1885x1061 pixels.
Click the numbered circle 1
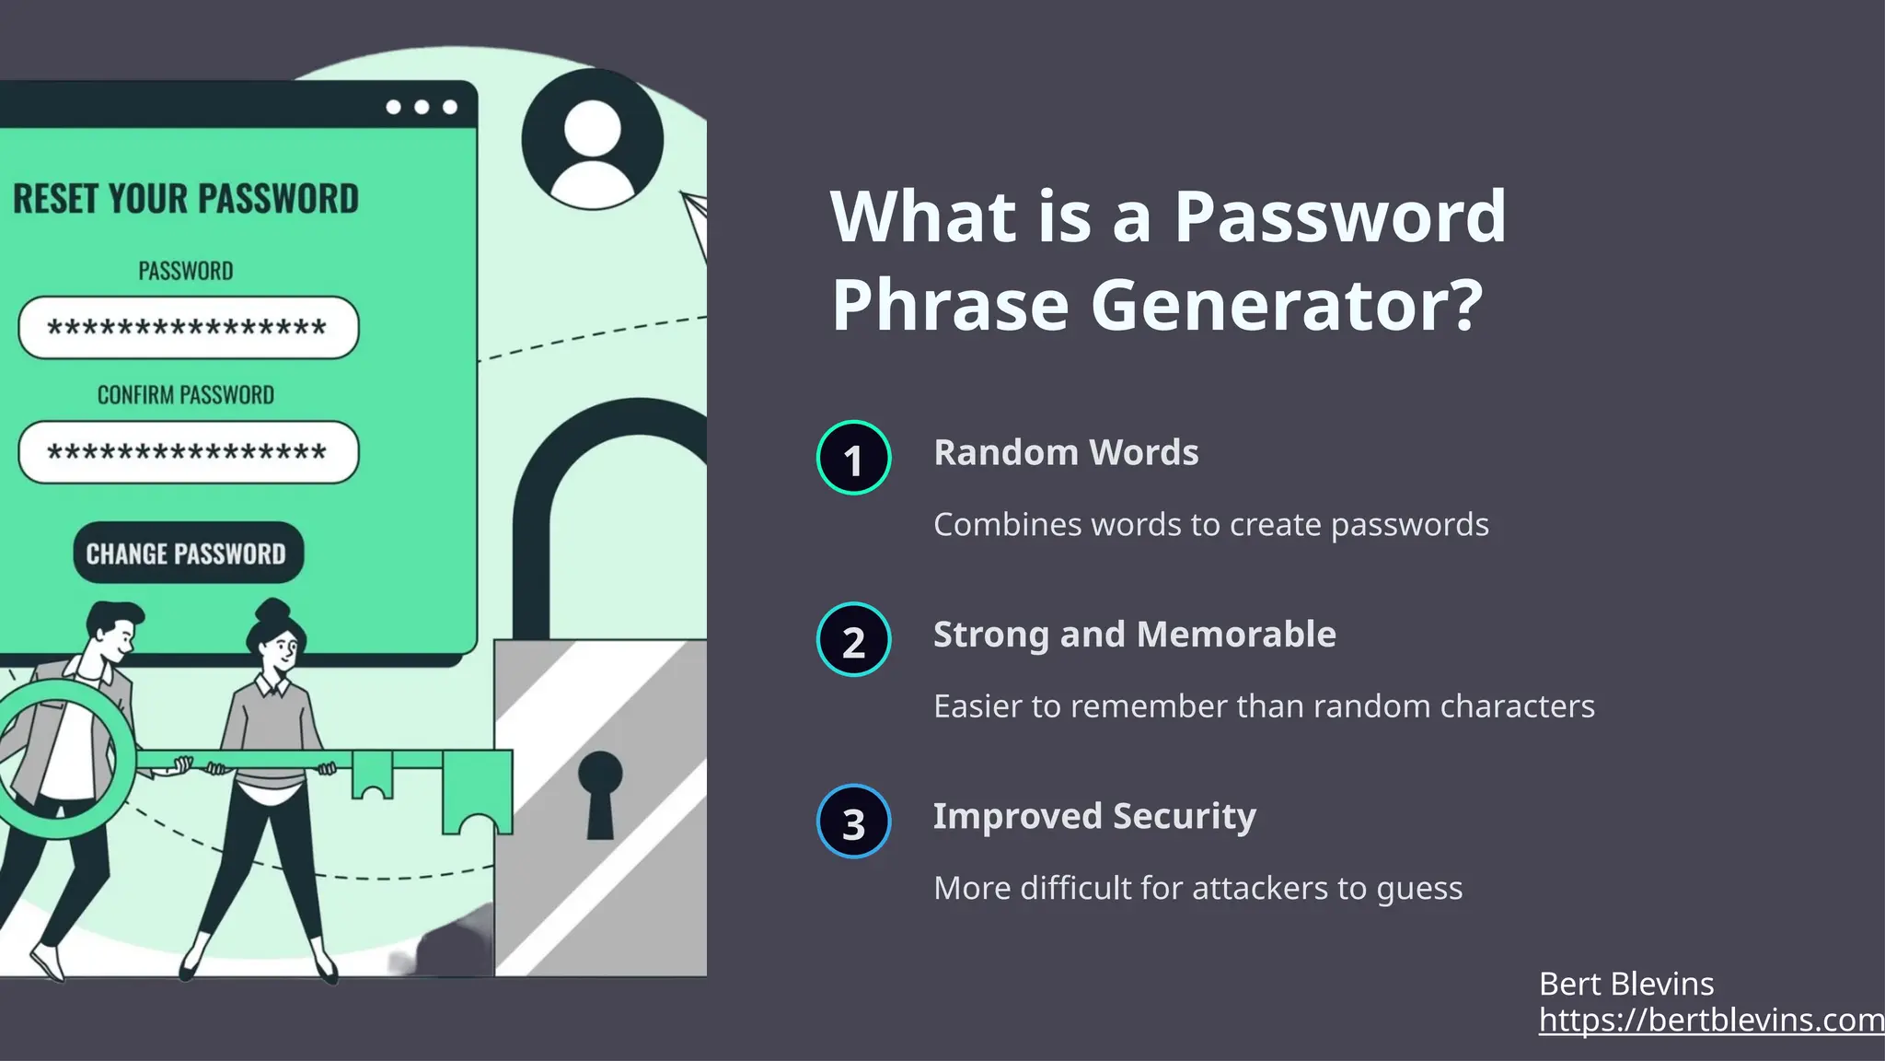[x=853, y=458]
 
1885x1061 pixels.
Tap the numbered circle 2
[x=853, y=640]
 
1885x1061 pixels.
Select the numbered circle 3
[x=853, y=822]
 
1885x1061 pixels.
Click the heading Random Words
[x=1066, y=452]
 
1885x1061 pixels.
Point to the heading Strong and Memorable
[x=1134, y=635]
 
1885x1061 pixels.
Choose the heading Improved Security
[x=1094, y=816]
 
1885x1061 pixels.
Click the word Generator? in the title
[x=1286, y=304]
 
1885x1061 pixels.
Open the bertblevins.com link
[x=1710, y=1020]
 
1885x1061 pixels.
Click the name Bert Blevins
[x=1625, y=984]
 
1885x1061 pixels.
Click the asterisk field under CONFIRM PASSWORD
[x=188, y=452]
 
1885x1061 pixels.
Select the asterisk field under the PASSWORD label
[x=188, y=328]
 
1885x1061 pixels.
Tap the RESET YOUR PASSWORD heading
[x=186, y=199]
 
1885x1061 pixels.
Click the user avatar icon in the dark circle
[x=592, y=140]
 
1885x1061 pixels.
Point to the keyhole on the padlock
[x=600, y=792]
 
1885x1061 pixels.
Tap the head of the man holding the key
[x=114, y=628]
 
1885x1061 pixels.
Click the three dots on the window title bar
[x=422, y=107]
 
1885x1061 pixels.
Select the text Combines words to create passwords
[x=1210, y=524]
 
